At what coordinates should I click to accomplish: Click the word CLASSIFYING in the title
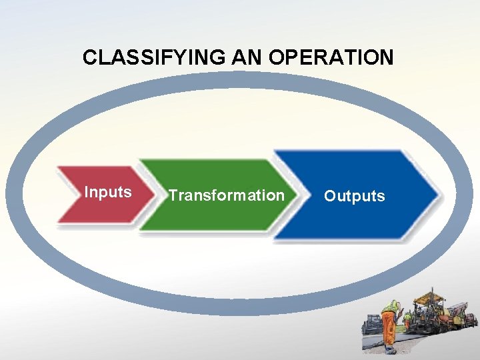tap(155, 57)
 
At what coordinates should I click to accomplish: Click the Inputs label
tap(107, 193)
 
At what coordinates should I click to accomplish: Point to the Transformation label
tap(226, 195)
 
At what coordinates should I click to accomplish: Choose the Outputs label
tap(354, 196)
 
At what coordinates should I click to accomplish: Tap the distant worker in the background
tap(407, 319)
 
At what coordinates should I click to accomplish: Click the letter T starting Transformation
tap(173, 195)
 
